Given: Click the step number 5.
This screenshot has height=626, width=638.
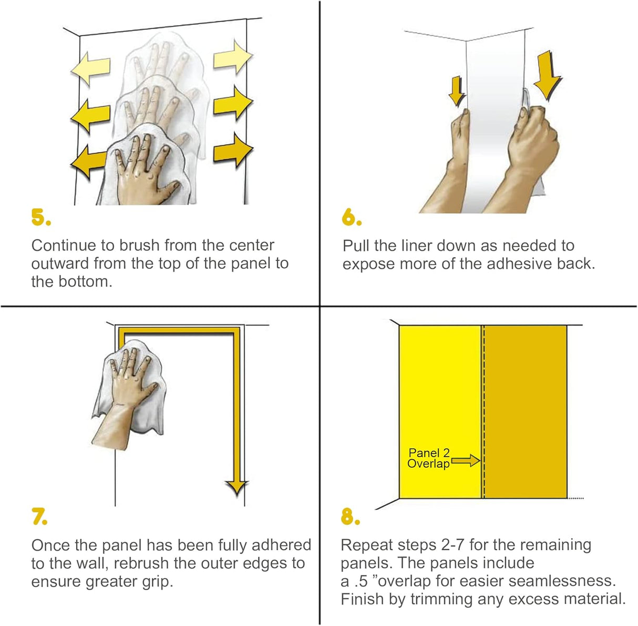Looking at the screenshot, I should [40, 217].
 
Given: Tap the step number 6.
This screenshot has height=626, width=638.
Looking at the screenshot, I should [351, 217].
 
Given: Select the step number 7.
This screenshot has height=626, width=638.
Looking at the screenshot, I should [39, 517].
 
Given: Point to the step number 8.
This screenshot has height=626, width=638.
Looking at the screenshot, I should [350, 517].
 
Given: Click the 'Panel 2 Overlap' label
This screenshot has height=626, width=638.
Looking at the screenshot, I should [429, 458].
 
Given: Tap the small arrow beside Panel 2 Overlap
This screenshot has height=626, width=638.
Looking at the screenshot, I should [466, 461].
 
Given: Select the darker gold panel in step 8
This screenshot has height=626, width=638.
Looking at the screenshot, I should [526, 410].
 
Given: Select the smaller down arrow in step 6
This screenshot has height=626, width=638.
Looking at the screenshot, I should [457, 93].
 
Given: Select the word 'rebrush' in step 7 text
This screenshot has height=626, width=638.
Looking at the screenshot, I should [142, 563].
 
